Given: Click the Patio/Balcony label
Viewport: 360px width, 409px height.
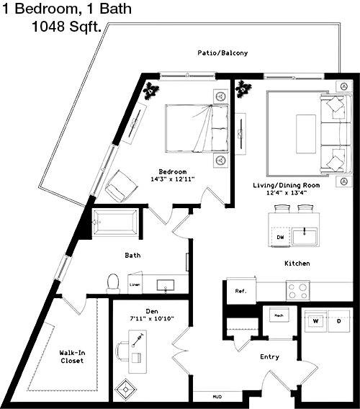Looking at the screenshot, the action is tap(222, 53).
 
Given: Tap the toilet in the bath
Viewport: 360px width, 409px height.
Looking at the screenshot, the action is tap(113, 284).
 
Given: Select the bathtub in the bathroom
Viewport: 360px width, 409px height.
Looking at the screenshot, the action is tap(116, 223).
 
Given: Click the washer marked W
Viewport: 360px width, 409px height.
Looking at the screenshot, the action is tap(315, 321).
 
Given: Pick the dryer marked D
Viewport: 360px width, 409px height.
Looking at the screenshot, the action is tap(339, 321).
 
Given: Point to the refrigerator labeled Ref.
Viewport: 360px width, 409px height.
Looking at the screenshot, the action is tap(240, 291).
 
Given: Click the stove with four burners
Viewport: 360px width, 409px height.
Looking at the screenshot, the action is tap(297, 291).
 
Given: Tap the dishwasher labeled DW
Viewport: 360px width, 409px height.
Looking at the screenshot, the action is tap(280, 237).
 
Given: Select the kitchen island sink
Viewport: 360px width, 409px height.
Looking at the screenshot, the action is tap(305, 236).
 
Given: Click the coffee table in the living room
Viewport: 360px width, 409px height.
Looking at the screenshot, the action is tap(306, 134).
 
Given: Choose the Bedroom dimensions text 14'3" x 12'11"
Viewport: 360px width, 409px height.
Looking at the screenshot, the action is tap(173, 179).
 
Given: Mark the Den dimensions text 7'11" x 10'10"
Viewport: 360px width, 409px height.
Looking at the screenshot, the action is tap(152, 318).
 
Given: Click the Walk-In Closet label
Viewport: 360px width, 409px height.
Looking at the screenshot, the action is tap(72, 357).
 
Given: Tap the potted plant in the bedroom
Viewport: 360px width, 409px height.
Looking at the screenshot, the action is tap(150, 91).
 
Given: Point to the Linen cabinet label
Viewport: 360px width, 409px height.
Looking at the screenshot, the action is tap(135, 284).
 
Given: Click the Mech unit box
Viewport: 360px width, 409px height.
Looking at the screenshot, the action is tap(279, 315).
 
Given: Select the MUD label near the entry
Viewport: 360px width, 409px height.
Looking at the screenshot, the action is tap(217, 397).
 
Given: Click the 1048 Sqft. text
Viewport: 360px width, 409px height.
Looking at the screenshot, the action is tap(66, 27).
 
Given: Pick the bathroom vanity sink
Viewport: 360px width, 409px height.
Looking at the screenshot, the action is tap(166, 285).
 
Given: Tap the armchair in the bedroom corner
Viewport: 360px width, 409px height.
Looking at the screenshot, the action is tap(121, 186).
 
